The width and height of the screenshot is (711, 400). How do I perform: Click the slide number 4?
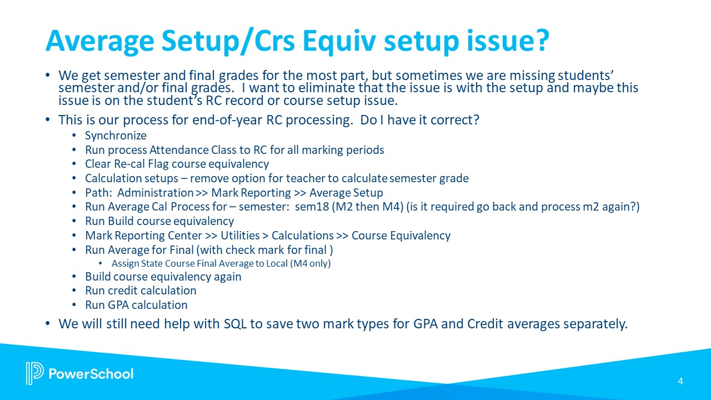[x=680, y=381]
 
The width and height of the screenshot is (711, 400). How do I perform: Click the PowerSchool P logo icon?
[x=34, y=373]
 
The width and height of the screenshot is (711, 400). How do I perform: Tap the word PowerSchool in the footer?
[x=91, y=374]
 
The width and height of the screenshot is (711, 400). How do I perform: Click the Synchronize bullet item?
[x=116, y=136]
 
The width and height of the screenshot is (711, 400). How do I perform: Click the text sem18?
[x=313, y=207]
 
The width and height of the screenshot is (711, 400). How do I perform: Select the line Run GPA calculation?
[x=136, y=305]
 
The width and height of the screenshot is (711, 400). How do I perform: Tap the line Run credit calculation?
[x=141, y=291]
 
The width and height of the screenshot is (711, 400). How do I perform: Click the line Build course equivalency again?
[x=163, y=277]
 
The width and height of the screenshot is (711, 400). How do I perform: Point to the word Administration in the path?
[x=155, y=193]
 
